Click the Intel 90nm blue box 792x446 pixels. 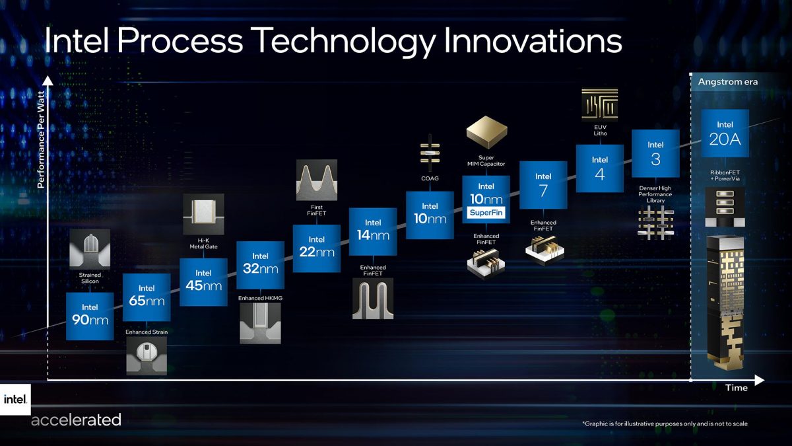90,316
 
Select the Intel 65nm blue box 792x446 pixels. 147,297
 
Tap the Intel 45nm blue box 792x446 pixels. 203,282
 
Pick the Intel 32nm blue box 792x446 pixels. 260,265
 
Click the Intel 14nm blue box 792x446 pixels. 373,231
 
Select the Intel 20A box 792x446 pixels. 725,133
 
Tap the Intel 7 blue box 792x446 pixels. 543,185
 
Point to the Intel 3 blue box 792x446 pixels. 655,153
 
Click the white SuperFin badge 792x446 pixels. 486,213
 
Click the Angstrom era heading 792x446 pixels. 728,82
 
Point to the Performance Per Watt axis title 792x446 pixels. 40,140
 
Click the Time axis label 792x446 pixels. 737,388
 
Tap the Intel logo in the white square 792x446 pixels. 15,399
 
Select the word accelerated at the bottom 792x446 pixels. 76,420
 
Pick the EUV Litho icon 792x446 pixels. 599,104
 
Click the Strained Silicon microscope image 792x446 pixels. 90,248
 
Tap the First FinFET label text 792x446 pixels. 317,211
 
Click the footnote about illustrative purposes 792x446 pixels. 665,424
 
